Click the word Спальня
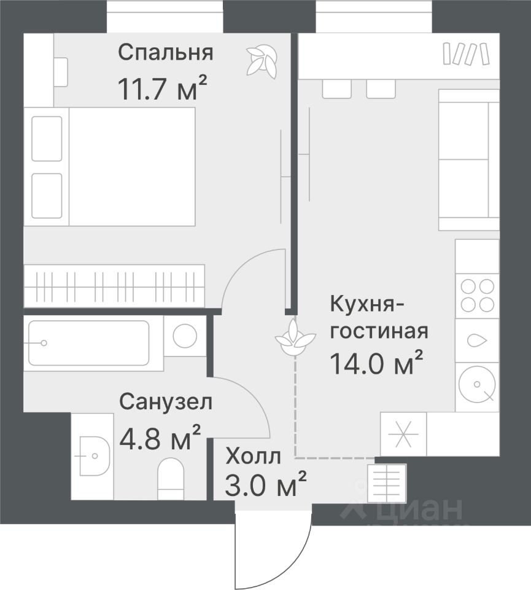(165, 53)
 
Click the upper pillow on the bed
(47, 138)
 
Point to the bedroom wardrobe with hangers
(114, 285)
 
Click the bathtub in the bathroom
(88, 343)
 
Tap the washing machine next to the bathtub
(185, 336)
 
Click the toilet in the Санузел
(171, 478)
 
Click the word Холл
(253, 457)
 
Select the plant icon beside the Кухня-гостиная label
(290, 337)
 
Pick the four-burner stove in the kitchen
(478, 295)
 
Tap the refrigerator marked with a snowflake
(403, 435)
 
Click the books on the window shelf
(466, 54)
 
